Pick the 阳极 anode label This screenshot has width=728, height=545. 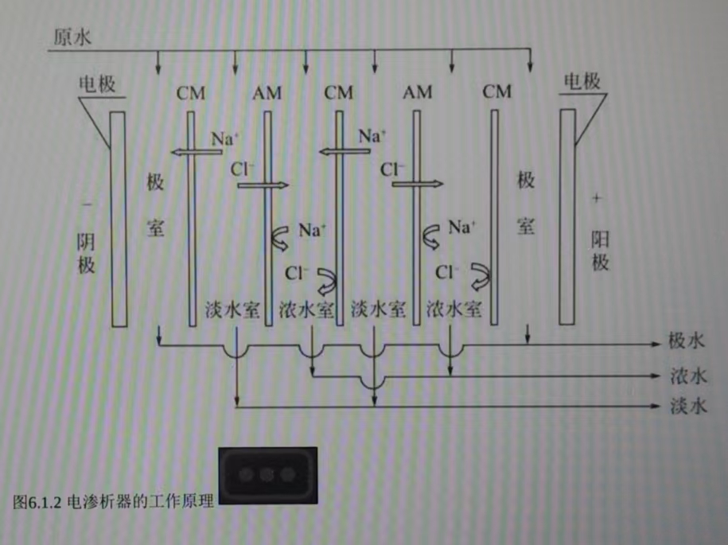pos(601,250)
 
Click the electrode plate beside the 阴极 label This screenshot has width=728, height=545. pos(119,218)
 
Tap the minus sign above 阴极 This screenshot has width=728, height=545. pos(88,204)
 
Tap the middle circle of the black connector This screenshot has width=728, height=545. pos(267,475)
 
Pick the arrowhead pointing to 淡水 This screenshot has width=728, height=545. pos(655,407)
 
